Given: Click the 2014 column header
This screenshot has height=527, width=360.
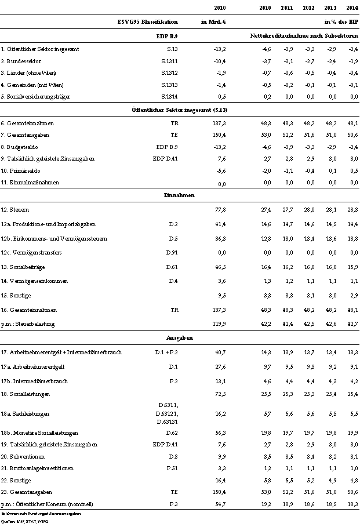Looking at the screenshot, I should tap(351, 8).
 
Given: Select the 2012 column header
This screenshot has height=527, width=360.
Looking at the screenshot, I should tap(308, 8).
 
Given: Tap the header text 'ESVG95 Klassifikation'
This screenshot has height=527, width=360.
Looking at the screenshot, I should tap(147, 22).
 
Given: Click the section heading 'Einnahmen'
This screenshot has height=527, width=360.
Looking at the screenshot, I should tap(179, 195).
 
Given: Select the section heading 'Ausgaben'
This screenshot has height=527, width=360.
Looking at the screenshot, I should tap(179, 337).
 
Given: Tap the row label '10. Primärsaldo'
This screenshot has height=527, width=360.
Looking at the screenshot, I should tap(21, 171).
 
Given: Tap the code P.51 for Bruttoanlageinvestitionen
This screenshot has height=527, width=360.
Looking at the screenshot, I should tap(172, 469).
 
